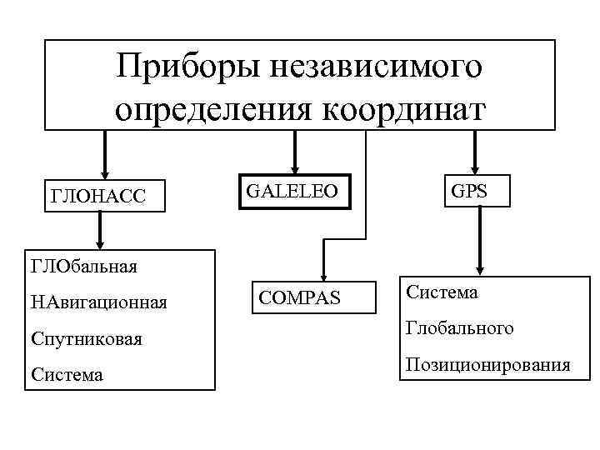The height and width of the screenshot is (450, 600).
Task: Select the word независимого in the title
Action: [369, 67]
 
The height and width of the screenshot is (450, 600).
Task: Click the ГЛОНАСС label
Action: [98, 196]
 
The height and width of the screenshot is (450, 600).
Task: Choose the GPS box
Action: [469, 191]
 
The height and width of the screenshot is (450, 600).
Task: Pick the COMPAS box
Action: [299, 297]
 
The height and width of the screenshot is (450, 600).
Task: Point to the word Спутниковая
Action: [87, 339]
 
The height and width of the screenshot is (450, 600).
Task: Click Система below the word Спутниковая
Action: [67, 375]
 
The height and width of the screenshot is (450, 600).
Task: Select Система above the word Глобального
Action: [442, 292]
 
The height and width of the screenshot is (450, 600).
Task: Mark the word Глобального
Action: [460, 328]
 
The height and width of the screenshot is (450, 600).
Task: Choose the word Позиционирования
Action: [487, 364]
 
